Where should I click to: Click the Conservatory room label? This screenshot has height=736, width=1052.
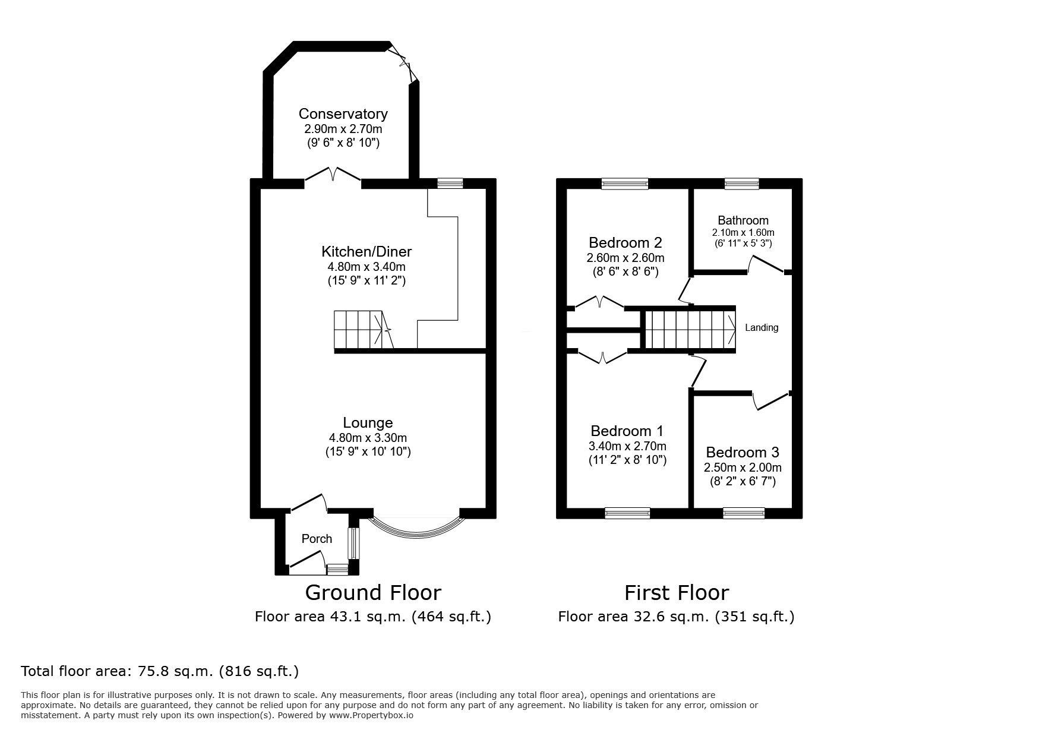(x=343, y=113)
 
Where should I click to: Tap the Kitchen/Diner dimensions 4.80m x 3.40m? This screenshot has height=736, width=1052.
(x=366, y=267)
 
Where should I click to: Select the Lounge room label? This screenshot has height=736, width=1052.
(x=368, y=422)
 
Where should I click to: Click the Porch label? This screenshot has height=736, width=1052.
(x=317, y=539)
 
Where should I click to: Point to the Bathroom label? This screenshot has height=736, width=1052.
(x=743, y=220)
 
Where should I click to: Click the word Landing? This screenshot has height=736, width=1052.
(x=761, y=327)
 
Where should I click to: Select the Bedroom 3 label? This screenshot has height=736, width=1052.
(x=743, y=452)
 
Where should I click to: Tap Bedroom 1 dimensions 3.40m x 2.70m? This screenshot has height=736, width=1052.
(x=627, y=446)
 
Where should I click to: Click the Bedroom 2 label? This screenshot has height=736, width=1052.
(x=625, y=242)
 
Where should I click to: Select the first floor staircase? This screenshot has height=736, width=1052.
(x=689, y=330)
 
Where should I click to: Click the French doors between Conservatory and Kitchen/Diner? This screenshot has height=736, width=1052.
(x=333, y=176)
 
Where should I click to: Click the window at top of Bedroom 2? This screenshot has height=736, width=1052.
(x=624, y=184)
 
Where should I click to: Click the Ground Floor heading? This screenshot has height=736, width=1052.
(x=372, y=593)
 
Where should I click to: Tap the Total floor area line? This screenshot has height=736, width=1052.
(x=160, y=671)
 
